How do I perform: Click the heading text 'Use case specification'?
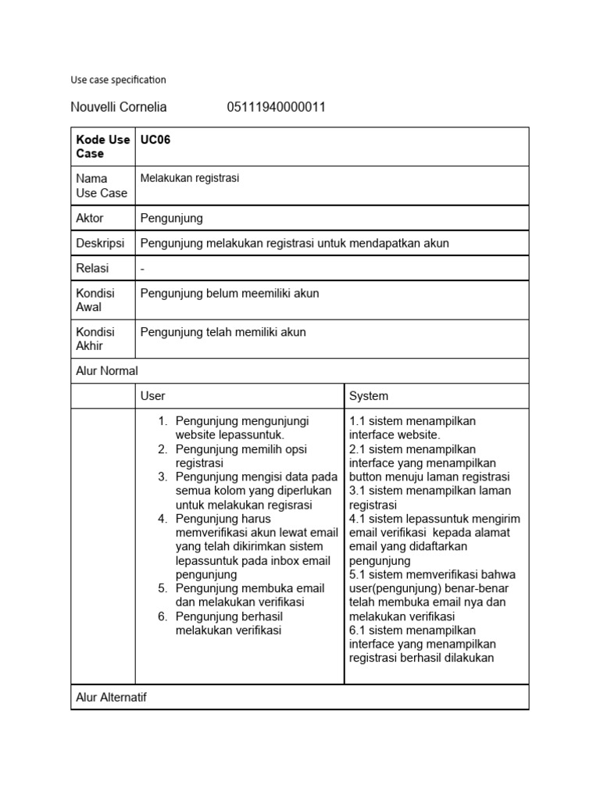pos(118,80)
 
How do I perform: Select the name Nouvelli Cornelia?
pos(119,107)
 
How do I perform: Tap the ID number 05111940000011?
pos(276,107)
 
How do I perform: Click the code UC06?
pos(155,140)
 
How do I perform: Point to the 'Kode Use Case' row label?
pos(102,147)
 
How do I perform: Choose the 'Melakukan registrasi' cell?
pos(190,178)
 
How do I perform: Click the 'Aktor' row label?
pos(90,218)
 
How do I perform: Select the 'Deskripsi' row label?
pos(100,243)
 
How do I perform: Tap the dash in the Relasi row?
pos(142,268)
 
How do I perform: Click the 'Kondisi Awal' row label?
pos(95,300)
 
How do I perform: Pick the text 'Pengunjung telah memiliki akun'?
pos(223,332)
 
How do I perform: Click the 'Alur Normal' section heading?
pos(107,371)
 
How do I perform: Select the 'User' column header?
pos(152,396)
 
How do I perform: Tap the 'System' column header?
pos(369,396)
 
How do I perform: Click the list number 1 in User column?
pos(162,421)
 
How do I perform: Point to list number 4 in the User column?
pos(162,519)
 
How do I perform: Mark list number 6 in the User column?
pos(162,616)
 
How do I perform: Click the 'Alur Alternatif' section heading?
pos(111,697)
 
